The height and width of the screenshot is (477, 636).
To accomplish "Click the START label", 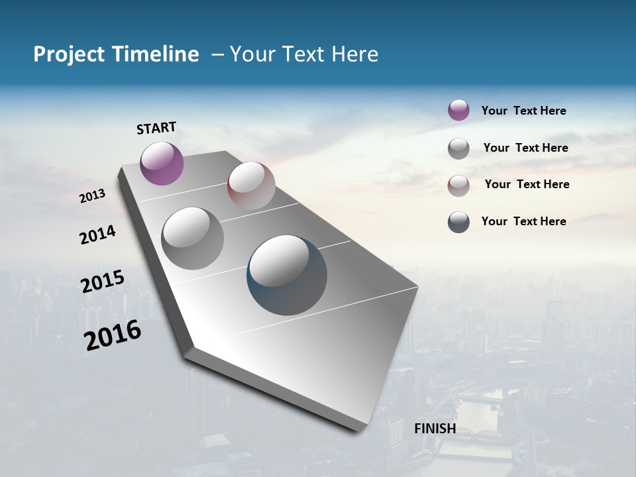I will [x=156, y=128].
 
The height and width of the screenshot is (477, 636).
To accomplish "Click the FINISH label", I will [x=435, y=429].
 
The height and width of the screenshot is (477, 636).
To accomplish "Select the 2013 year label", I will [x=92, y=196].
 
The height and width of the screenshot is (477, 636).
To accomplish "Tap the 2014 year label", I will [x=97, y=235].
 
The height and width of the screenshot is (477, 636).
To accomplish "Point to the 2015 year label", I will [x=102, y=282].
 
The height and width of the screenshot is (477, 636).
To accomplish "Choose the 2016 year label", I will [x=113, y=335].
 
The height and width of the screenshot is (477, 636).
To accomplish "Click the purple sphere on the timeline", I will [x=162, y=163].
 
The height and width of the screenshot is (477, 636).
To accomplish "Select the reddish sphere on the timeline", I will [x=251, y=185].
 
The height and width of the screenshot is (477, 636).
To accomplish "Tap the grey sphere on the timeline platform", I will [x=192, y=238].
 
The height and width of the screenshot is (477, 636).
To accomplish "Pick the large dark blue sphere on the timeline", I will [x=287, y=274].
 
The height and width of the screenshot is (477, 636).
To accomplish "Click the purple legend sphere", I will [x=458, y=110].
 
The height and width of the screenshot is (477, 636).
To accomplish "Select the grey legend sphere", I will [x=458, y=148].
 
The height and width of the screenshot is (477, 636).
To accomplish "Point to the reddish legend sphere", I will [x=458, y=185].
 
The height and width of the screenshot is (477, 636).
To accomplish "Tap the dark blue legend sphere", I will [x=458, y=222].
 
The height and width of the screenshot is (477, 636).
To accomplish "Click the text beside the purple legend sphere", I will [x=523, y=111].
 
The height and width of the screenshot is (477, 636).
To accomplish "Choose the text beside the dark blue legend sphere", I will [x=523, y=221].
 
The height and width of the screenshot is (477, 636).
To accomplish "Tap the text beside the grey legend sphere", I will [x=525, y=148].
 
